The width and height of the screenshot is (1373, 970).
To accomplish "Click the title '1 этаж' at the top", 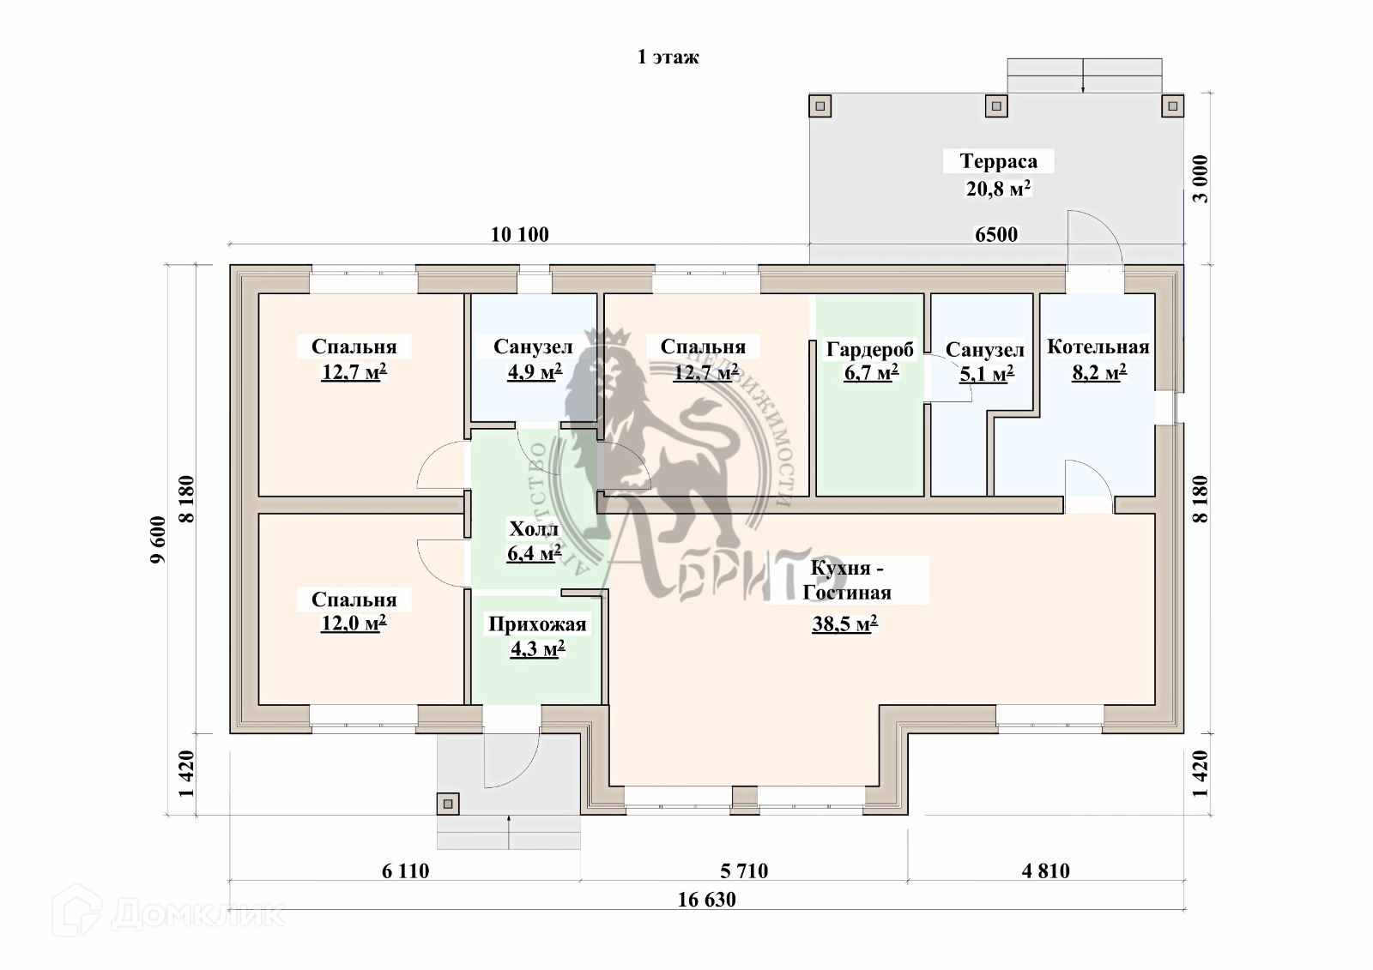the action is [x=668, y=57].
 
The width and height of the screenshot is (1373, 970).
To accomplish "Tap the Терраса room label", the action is [x=998, y=161].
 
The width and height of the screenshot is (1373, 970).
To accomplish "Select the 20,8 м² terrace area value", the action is [x=998, y=189].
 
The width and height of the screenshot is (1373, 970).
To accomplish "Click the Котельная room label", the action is [x=1098, y=346].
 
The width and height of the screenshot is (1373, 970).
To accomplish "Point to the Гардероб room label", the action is [x=870, y=349].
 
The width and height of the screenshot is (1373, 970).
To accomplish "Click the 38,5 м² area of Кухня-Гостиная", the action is [x=844, y=624].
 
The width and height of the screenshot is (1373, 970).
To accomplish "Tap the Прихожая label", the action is [x=537, y=624].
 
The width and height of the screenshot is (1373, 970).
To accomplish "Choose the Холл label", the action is [x=534, y=528].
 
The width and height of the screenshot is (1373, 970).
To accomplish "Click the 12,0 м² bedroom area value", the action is [x=354, y=624].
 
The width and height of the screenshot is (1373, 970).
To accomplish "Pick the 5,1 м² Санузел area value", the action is [x=985, y=373].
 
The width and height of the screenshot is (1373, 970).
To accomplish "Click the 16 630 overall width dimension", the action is [x=706, y=900].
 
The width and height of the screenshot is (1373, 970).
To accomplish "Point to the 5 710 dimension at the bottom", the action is [x=744, y=871].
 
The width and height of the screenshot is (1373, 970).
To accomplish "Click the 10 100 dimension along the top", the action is [x=519, y=234].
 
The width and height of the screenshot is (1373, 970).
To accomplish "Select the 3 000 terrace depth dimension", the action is [x=1201, y=178].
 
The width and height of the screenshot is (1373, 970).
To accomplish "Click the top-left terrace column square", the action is [x=820, y=106].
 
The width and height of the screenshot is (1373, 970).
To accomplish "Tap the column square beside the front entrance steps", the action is [x=447, y=804].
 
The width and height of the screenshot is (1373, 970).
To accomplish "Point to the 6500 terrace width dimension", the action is [x=995, y=234].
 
